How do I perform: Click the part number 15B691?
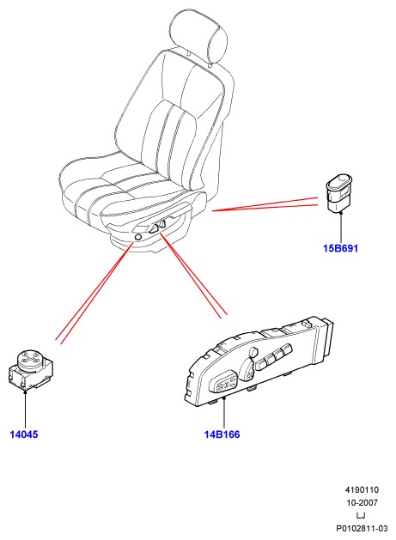pos(340,248)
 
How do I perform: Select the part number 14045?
pos(24,434)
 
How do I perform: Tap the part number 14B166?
pos(222,434)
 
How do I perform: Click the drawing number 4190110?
pos(362,489)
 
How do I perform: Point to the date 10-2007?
pos(362,503)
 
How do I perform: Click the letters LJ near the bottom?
pos(361,516)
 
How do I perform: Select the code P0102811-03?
pos(362,528)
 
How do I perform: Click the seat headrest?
pos(198,37)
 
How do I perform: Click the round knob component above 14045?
pos(30,370)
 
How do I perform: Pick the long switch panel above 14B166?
pos(259,361)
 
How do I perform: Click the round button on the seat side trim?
pos(137,237)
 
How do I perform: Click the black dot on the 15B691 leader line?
pos(341,214)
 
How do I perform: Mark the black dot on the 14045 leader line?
pos(25,392)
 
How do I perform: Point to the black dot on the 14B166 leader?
pos(224,397)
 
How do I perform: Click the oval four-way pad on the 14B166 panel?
pos(226,383)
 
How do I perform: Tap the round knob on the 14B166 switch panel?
pos(253,352)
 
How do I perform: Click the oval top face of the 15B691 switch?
pos(340,181)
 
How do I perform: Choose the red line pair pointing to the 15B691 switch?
pos(265,204)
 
